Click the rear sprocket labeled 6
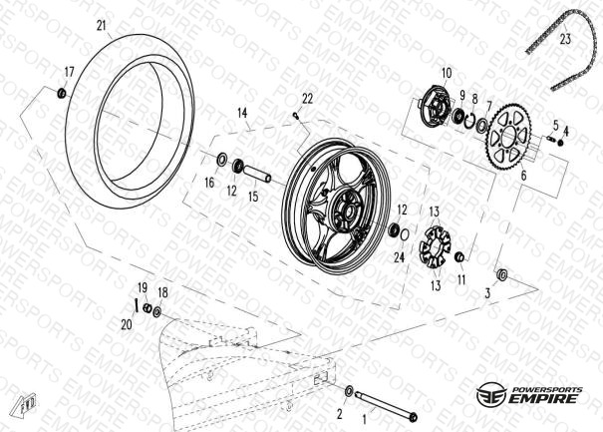click(510, 136)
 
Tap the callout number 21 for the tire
click(101, 26)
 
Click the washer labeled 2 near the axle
click(349, 390)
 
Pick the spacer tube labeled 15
click(257, 173)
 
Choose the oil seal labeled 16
click(222, 160)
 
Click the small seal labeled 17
click(62, 93)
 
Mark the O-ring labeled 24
click(405, 234)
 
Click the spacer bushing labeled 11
click(459, 256)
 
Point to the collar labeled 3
click(502, 274)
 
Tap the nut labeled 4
click(561, 142)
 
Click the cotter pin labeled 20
click(136, 304)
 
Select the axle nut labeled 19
click(147, 307)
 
